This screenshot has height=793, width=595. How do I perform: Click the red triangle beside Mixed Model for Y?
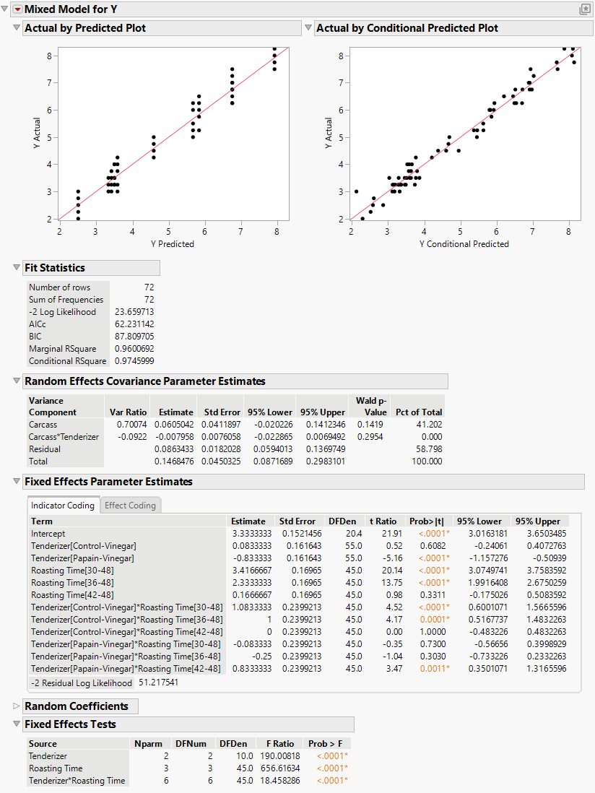[18, 9]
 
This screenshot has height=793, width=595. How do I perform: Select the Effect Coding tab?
[130, 506]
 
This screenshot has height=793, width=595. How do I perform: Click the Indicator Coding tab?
[63, 506]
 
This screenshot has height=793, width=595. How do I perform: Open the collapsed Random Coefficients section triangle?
[17, 706]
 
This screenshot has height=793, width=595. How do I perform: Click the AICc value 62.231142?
[134, 324]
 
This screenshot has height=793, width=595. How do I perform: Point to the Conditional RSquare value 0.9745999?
[134, 361]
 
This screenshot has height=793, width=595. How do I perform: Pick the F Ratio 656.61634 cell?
[276, 768]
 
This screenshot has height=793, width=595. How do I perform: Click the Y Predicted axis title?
[173, 244]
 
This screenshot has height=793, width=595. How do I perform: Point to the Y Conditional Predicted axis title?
[464, 244]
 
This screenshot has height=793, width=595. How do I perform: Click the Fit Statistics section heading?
[55, 268]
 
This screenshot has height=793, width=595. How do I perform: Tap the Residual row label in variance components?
[45, 449]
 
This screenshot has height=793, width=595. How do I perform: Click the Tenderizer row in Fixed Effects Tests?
[51, 756]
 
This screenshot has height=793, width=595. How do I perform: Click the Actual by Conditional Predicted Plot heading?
[407, 28]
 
